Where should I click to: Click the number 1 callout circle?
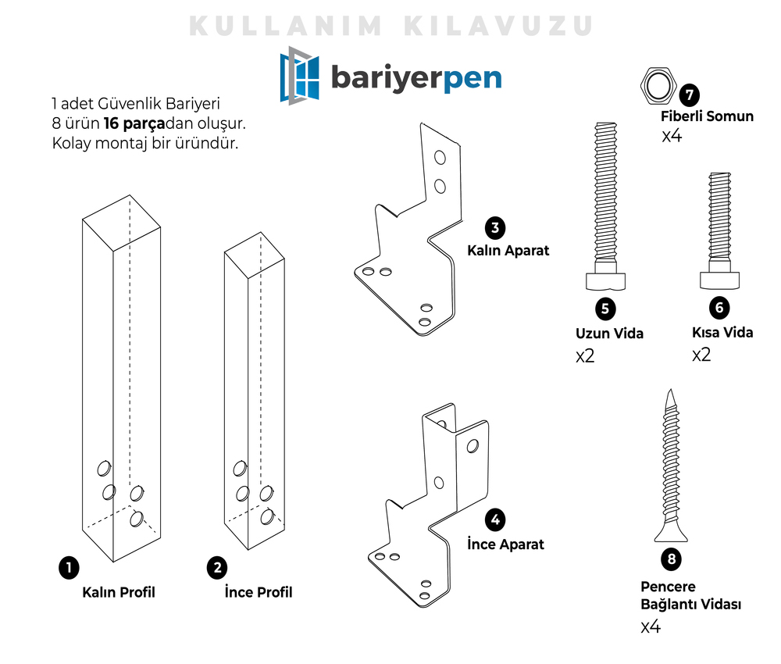(x=69, y=568)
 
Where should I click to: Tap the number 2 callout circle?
(x=216, y=568)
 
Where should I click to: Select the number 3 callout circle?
(x=494, y=228)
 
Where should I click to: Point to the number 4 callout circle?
(x=494, y=520)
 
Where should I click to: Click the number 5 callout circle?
(x=605, y=309)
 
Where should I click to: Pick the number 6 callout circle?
(x=719, y=308)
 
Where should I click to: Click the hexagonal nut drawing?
(x=658, y=85)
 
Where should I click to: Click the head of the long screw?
(x=606, y=280)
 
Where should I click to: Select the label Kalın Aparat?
(x=508, y=251)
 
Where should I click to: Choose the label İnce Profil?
(x=258, y=592)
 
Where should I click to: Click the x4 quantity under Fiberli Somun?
(x=672, y=136)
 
